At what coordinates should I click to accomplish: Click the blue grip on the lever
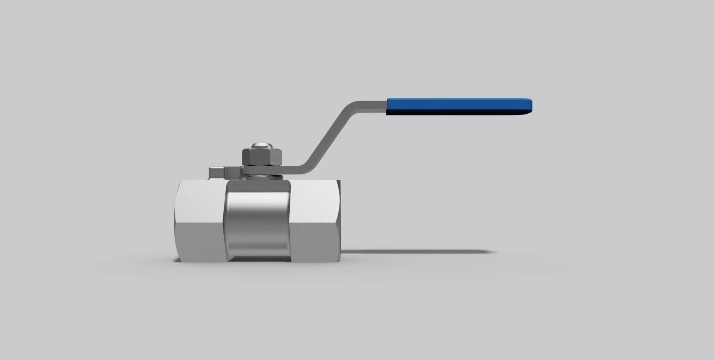tap(458, 106)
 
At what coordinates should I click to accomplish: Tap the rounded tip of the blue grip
tap(530, 106)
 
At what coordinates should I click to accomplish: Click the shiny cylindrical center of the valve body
tap(257, 221)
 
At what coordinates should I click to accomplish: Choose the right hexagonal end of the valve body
tap(315, 221)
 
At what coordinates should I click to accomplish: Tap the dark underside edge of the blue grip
tap(458, 112)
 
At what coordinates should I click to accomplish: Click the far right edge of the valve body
tap(339, 221)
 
